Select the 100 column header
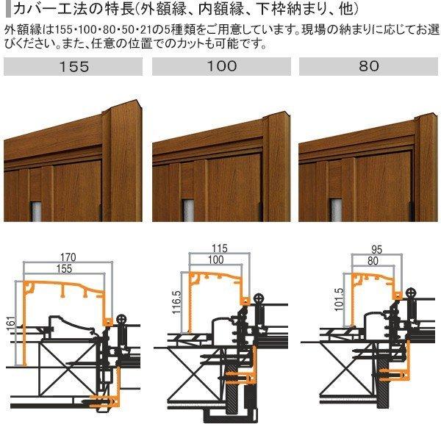point(222,66)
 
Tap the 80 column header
point(370,66)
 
